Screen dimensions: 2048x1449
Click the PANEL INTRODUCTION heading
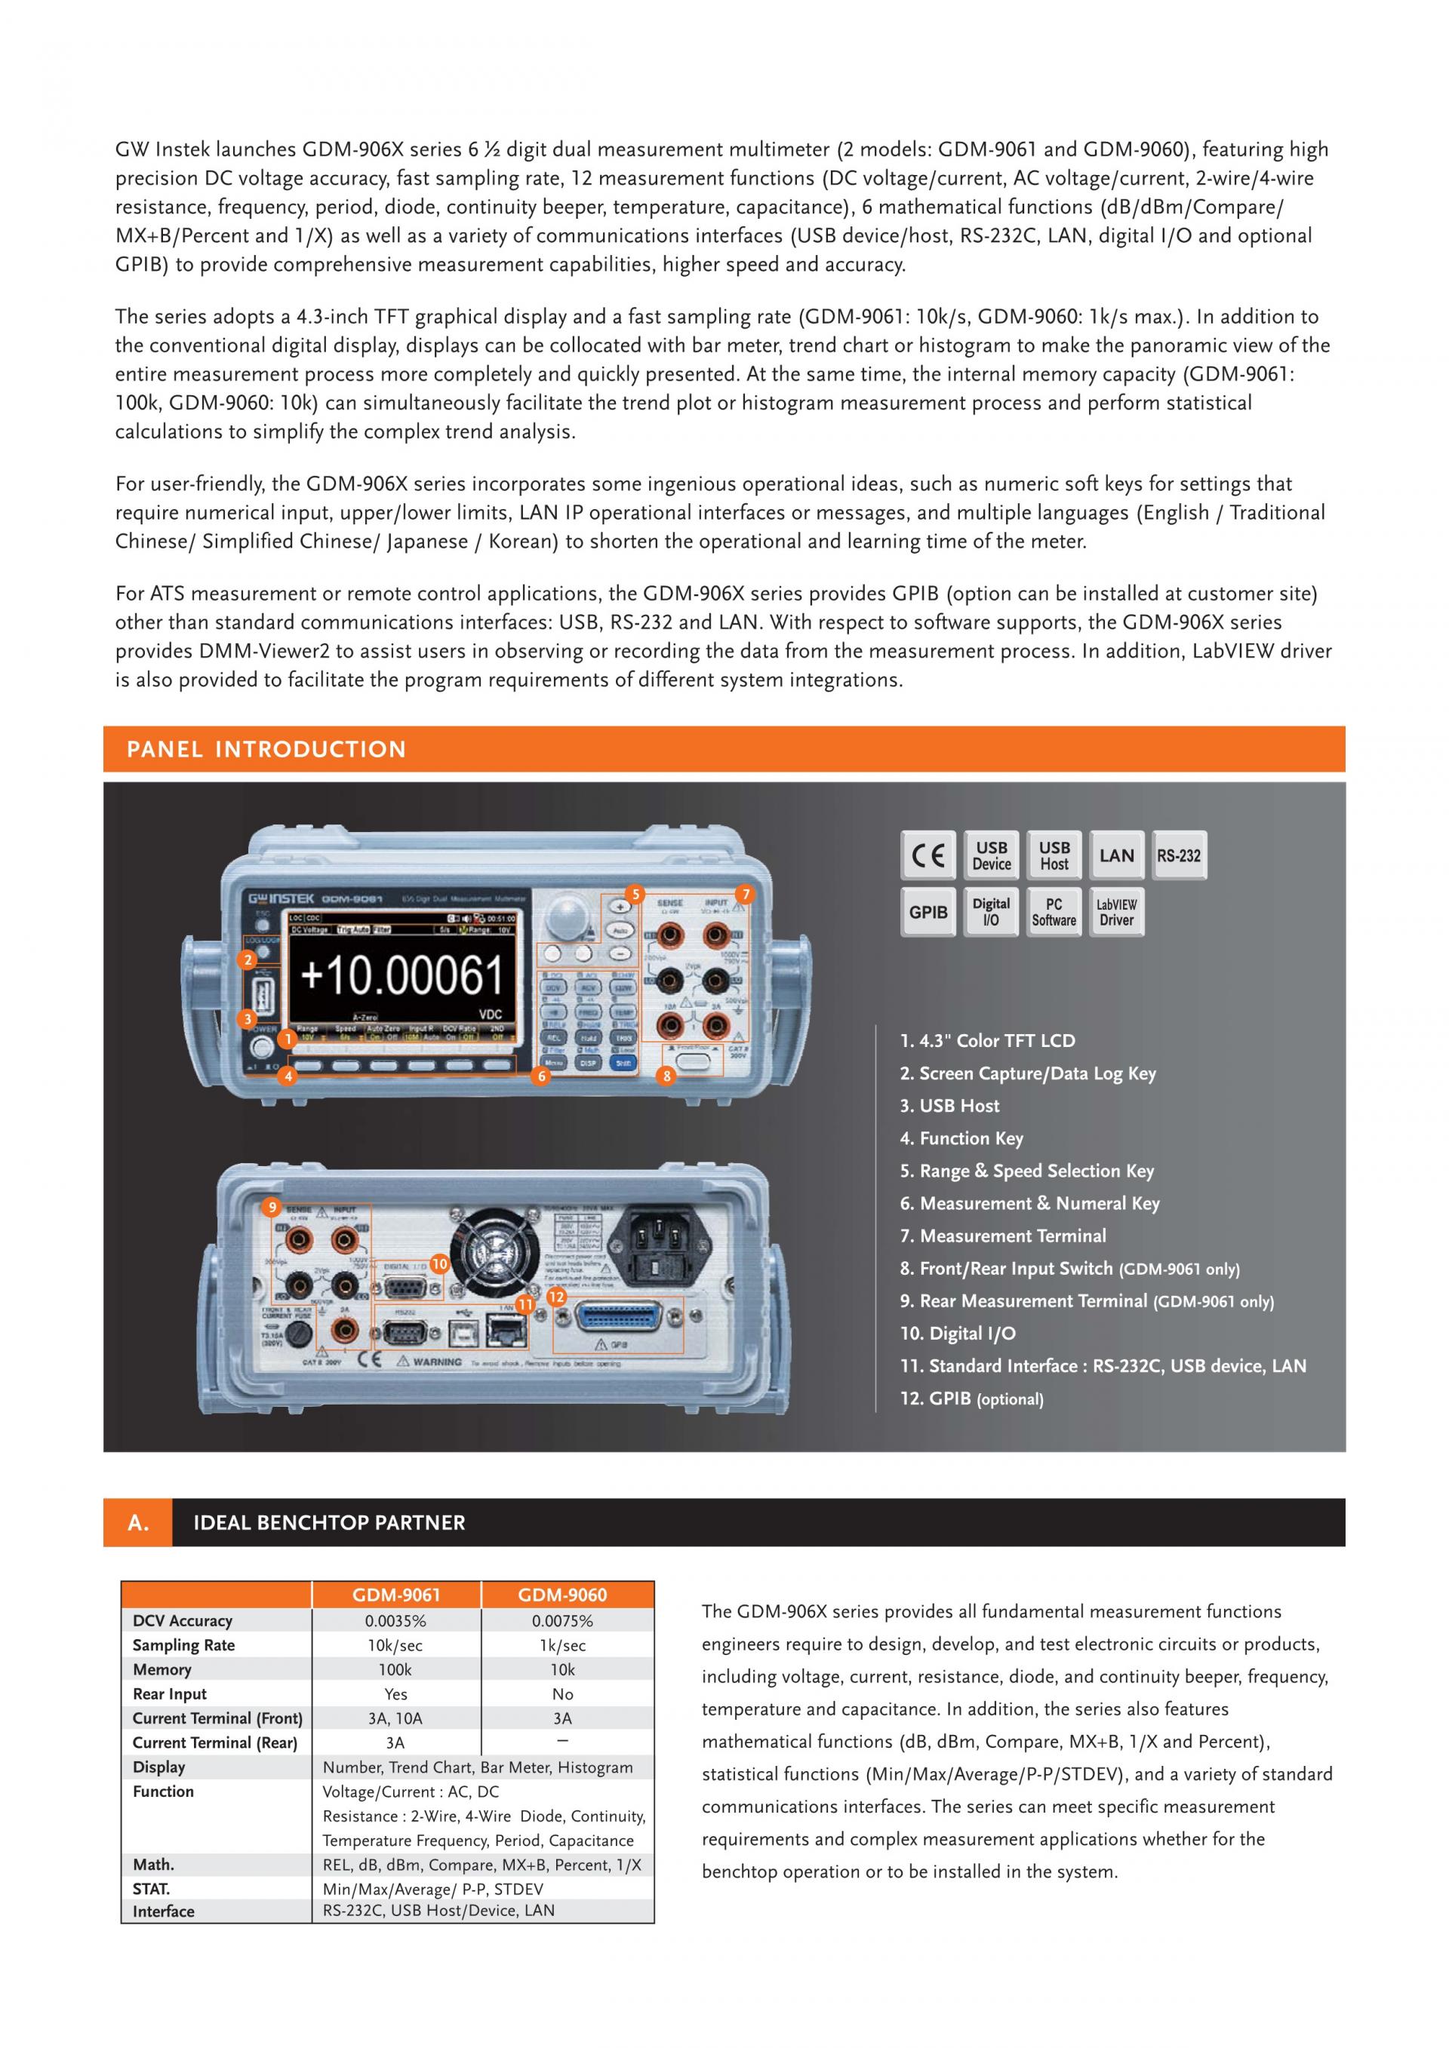(x=266, y=749)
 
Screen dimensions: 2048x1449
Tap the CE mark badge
(x=928, y=855)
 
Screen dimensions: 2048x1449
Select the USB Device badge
(x=991, y=855)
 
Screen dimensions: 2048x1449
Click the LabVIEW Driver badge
(x=1116, y=912)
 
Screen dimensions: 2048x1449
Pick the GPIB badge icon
(x=928, y=912)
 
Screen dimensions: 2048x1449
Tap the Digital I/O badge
(x=991, y=912)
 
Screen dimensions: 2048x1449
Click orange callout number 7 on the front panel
(x=744, y=894)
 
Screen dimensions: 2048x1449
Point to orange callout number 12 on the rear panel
(x=557, y=1297)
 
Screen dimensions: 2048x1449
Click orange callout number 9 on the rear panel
(x=273, y=1208)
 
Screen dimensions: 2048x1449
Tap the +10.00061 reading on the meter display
(x=402, y=975)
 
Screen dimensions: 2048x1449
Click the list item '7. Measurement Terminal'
(x=1003, y=1236)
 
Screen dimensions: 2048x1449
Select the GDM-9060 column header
(x=562, y=1595)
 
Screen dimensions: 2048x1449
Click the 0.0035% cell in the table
(x=395, y=1621)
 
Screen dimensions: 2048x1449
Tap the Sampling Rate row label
(x=184, y=1645)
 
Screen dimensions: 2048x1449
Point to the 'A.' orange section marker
(x=138, y=1523)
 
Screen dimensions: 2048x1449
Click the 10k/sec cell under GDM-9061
(x=395, y=1645)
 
